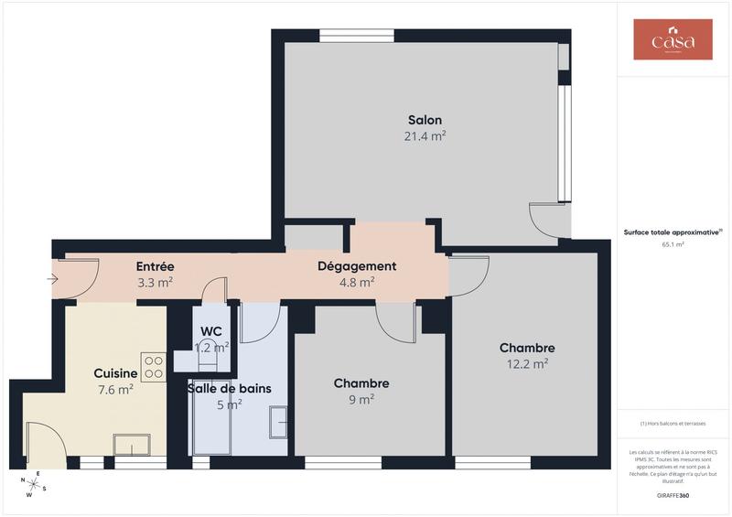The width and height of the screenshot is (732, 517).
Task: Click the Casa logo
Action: (x=673, y=39)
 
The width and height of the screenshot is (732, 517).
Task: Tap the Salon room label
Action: (x=425, y=120)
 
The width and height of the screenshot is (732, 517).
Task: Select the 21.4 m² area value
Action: (x=425, y=135)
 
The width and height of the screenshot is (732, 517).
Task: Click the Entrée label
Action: (x=155, y=266)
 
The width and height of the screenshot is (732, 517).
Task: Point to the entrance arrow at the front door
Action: (x=53, y=279)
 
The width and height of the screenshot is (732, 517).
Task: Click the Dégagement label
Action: (x=357, y=266)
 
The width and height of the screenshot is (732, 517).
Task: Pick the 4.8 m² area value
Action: (x=357, y=282)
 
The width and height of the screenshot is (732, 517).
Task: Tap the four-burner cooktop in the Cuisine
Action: (x=154, y=367)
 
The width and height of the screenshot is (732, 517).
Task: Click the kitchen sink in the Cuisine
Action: (x=131, y=444)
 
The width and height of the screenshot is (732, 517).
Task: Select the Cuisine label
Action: (x=115, y=373)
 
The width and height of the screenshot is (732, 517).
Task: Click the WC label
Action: (x=211, y=330)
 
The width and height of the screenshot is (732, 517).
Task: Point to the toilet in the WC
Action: (x=208, y=362)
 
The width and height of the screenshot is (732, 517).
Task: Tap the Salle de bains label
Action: (x=229, y=388)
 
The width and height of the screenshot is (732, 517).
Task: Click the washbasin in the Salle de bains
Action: (x=277, y=422)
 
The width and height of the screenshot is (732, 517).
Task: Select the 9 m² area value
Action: (x=361, y=399)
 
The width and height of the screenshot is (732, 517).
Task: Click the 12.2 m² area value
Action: (x=527, y=363)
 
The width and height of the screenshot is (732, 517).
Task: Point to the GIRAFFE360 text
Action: (x=673, y=495)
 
